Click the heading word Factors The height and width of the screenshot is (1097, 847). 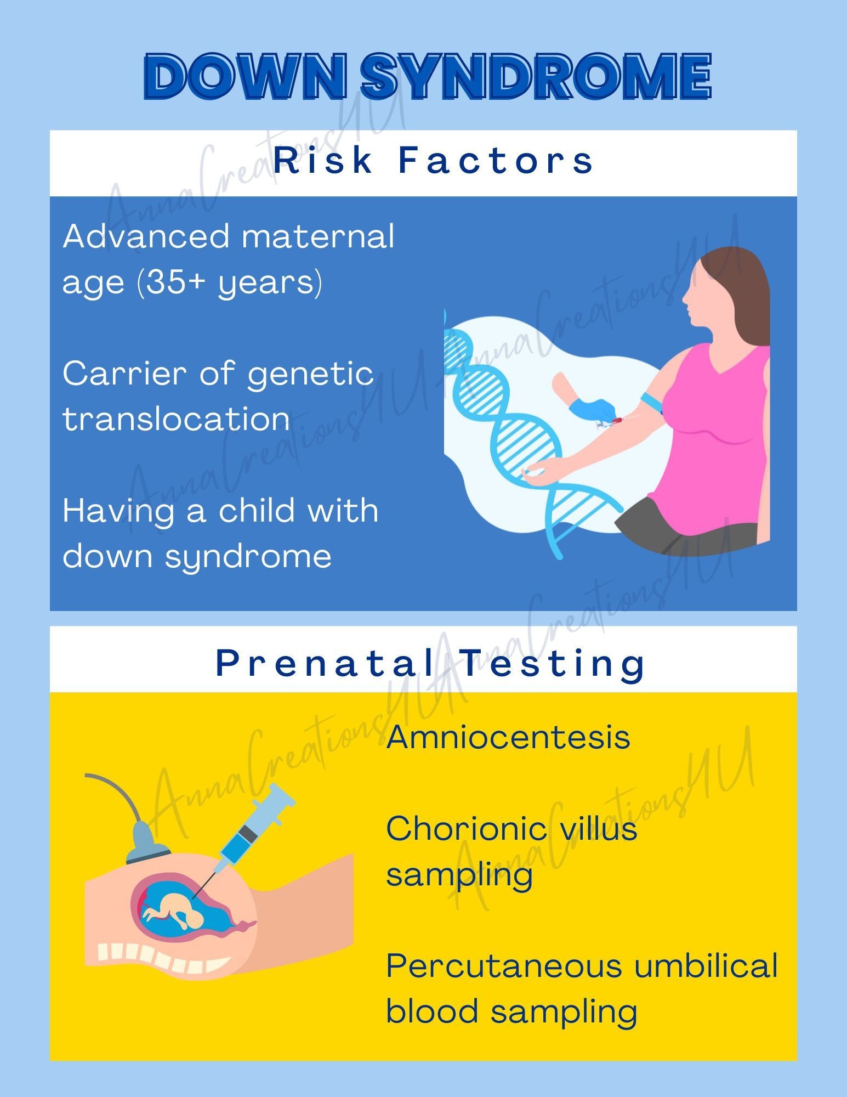(x=496, y=161)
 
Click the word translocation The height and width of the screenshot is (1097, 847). (x=176, y=419)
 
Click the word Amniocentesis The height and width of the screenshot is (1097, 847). (x=508, y=737)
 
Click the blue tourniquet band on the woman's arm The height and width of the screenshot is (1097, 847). (x=651, y=402)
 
